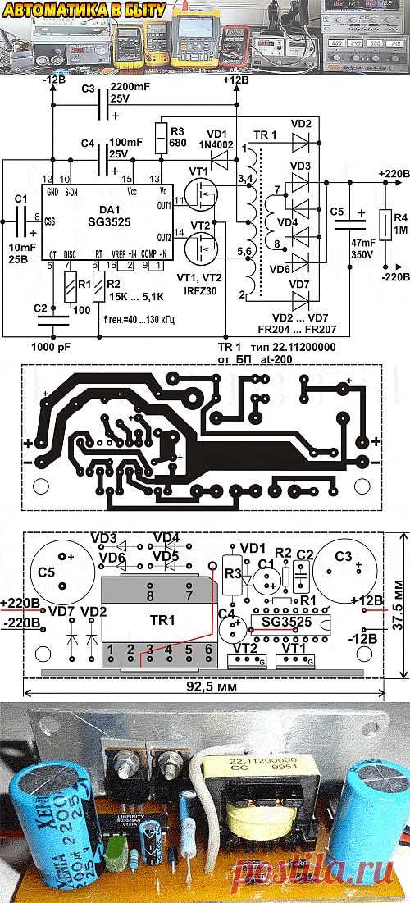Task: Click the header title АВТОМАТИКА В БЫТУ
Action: pyautogui.click(x=84, y=9)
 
